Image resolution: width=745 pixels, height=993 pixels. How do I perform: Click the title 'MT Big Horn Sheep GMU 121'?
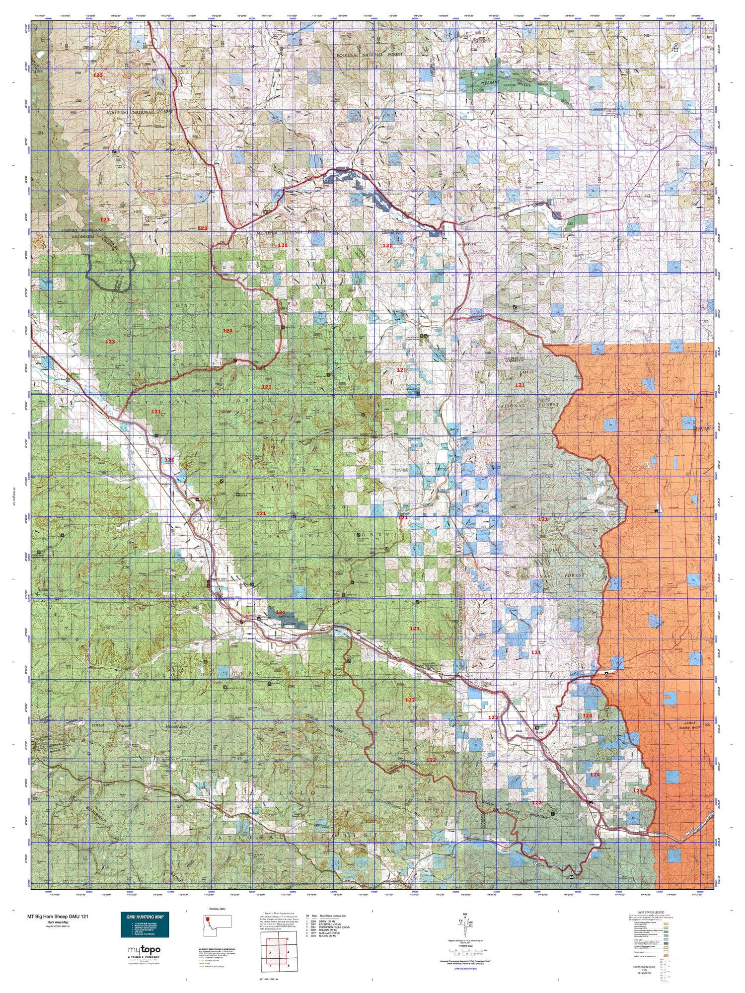58,917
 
